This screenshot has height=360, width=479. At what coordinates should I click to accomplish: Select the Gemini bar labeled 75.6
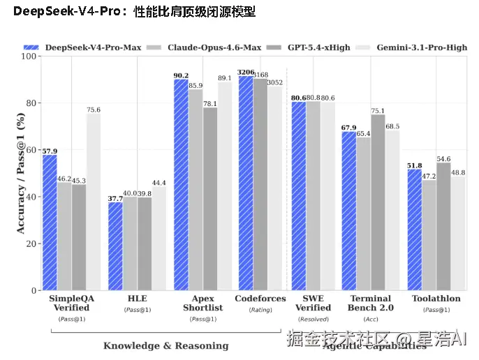tap(94, 202)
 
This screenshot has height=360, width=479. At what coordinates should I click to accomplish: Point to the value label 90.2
tap(181, 75)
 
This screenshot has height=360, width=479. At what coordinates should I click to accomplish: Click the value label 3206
tap(246, 72)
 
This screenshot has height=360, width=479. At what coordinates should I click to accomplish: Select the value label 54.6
tap(443, 158)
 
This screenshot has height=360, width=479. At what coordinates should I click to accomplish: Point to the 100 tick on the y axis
tap(29, 56)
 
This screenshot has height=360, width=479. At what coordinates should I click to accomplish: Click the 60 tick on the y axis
tap(31, 150)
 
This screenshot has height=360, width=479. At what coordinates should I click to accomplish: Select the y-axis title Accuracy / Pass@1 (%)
tap(20, 173)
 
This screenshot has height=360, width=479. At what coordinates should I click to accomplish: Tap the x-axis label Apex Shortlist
tap(202, 303)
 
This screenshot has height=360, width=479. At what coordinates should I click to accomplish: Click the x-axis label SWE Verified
tap(313, 303)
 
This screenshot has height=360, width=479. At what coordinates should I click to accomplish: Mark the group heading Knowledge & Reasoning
tap(165, 345)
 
